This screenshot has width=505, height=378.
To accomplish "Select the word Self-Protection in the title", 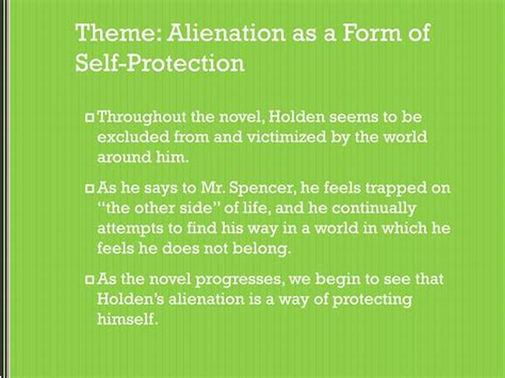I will (x=160, y=64).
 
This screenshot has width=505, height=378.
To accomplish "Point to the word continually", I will (x=375, y=208).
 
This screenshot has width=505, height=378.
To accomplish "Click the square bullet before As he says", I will (x=90, y=189).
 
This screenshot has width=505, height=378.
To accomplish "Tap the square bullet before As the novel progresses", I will (x=90, y=279).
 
